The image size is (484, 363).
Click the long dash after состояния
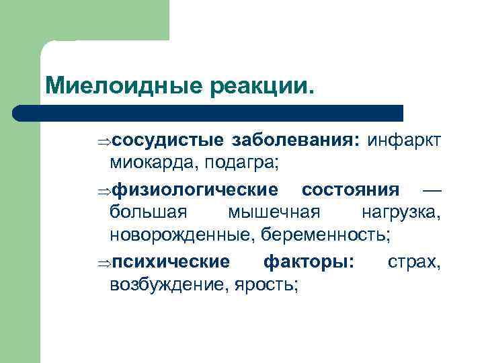(430, 189)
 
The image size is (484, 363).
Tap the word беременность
(329, 236)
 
